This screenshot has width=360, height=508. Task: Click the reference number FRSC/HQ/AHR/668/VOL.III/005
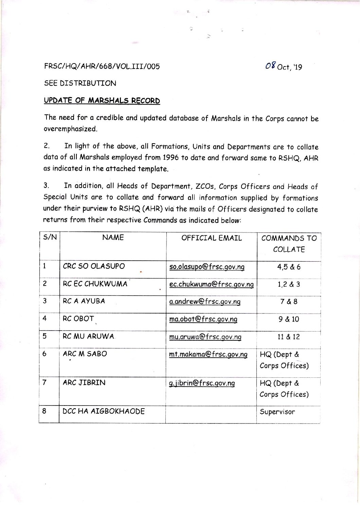[102, 66]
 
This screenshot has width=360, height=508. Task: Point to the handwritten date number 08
[270, 65]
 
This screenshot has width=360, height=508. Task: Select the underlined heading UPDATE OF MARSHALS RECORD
[102, 100]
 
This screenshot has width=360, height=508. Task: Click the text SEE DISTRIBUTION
[80, 83]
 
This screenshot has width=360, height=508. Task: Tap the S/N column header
[50, 237]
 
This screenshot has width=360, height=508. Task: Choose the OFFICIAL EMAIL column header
[211, 238]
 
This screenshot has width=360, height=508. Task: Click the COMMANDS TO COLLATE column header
[289, 244]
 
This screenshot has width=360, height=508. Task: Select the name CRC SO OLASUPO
[94, 266]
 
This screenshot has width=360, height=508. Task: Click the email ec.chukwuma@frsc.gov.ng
[211, 284]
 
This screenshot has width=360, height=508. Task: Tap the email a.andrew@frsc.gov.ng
[204, 302]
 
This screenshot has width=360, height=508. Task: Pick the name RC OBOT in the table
[78, 319]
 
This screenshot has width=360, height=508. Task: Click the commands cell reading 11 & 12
[288, 337]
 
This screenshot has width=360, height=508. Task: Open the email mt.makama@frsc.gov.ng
[208, 354]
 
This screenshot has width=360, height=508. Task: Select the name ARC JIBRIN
[84, 382]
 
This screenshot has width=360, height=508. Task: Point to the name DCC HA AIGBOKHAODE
[104, 411]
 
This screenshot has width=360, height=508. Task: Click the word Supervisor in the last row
[277, 412]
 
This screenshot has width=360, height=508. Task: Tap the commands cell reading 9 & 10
[289, 319]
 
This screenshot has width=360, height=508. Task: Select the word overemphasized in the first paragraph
[70, 129]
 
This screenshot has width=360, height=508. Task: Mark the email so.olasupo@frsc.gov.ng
[206, 267]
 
